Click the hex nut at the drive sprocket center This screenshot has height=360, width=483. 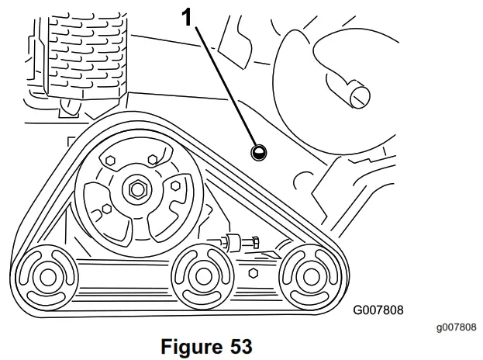tap(139, 189)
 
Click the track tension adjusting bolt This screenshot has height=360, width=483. tap(237, 243)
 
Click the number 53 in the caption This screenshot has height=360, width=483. tap(241, 346)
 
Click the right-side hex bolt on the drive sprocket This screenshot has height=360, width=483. tap(175, 184)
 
